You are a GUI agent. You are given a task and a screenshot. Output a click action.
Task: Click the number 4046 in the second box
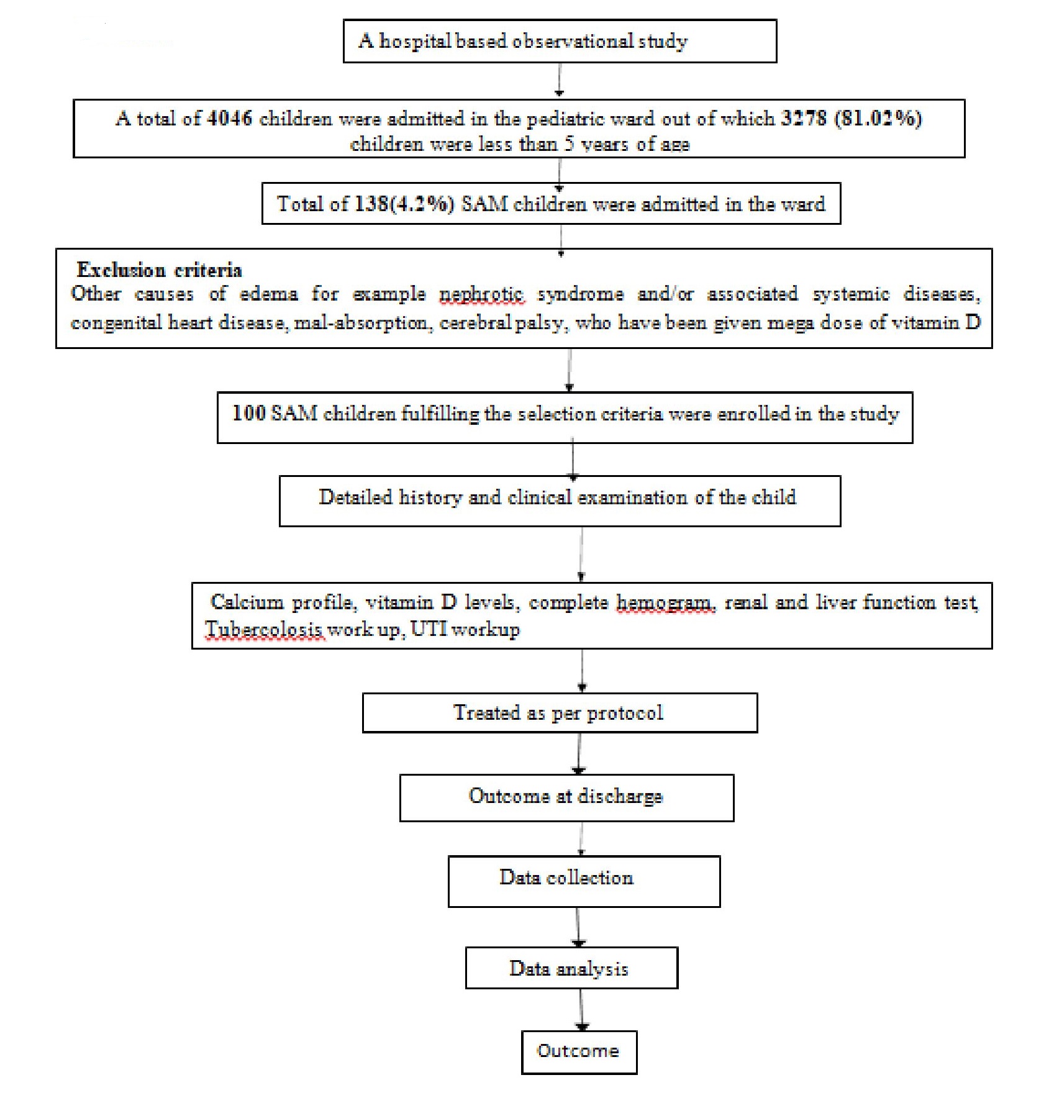tap(229, 118)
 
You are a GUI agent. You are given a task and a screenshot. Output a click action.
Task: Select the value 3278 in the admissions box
tap(804, 118)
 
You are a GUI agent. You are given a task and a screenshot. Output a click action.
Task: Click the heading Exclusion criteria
tap(159, 270)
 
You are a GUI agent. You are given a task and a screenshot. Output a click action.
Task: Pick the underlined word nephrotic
tap(482, 294)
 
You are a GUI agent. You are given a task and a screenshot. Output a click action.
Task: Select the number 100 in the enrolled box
tap(249, 414)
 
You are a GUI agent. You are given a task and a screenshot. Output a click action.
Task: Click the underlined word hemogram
tap(665, 602)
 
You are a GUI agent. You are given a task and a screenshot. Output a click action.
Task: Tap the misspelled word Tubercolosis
tap(264, 630)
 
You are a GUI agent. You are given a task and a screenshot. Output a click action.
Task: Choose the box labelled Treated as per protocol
tap(560, 713)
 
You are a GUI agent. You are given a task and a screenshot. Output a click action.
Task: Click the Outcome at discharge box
tap(566, 798)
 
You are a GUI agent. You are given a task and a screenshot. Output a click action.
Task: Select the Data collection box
tap(584, 881)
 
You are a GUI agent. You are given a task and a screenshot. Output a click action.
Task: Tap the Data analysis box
tap(571, 968)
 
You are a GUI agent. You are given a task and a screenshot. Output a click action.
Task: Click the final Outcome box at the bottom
tap(579, 1052)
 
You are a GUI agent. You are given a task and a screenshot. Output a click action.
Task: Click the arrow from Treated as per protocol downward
tap(579, 753)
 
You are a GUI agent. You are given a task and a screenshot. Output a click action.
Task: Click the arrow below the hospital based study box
tap(559, 79)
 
